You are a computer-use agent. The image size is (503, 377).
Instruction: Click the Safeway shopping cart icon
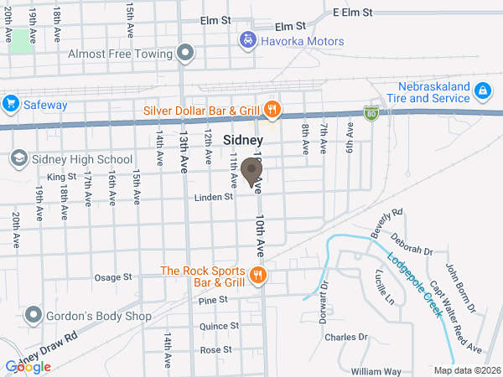coord(10,103)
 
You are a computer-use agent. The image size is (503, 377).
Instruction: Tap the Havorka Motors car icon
coord(247,39)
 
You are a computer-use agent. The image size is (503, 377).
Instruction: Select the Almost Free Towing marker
coord(186,54)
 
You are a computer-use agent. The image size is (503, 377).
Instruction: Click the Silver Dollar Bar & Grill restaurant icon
coord(272,109)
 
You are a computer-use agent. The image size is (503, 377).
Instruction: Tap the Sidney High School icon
coord(18,158)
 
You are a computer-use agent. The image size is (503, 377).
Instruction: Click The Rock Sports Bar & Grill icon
coord(258,274)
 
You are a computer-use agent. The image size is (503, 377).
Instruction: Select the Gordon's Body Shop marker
coord(34,315)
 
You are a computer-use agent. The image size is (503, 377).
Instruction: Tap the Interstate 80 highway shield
coord(371,111)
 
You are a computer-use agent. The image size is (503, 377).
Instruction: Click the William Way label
coord(376,371)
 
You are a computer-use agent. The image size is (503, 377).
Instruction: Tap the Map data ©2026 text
coord(465,370)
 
